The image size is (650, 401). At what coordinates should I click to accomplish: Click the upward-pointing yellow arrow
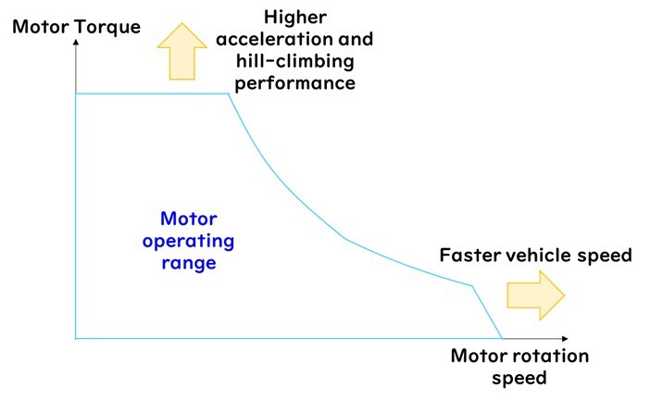182,53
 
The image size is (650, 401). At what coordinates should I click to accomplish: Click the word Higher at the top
294,17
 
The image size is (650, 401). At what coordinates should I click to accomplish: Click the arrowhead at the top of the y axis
75,44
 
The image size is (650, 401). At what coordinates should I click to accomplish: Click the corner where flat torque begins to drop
228,94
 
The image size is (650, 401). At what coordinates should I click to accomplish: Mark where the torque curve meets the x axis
503,338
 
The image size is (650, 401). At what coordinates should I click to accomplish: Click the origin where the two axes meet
75,339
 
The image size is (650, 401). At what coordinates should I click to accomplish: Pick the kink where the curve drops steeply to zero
473,286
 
